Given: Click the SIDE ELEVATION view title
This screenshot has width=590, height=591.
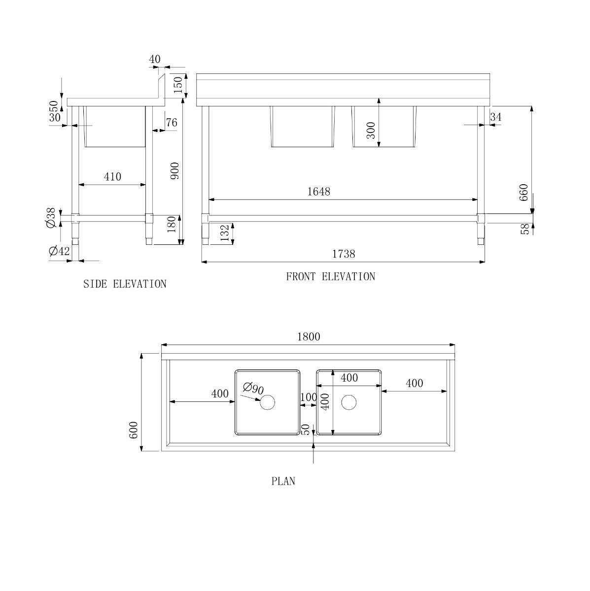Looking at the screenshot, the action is [125, 284].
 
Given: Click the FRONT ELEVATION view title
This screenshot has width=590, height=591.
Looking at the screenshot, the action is [331, 277].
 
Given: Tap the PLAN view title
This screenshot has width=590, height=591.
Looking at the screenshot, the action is [283, 481].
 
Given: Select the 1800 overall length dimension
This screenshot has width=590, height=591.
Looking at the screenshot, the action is [309, 337].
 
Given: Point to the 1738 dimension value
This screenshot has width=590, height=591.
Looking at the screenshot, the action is [344, 254].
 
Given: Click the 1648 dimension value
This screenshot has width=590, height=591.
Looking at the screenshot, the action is [318, 192].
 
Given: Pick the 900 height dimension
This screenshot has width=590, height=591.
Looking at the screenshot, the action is [174, 171].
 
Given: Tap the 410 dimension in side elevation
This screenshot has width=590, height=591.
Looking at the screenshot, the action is [112, 177].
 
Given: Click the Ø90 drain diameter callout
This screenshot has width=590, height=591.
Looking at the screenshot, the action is [253, 388].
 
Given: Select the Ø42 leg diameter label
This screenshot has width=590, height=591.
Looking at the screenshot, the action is [59, 251].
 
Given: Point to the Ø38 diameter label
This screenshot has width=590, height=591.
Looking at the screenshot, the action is [51, 218].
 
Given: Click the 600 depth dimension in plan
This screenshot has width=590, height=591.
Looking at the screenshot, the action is [134, 430].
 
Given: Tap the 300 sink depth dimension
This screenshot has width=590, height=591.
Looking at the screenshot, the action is [371, 131].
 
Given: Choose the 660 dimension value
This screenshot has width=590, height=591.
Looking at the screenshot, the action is [523, 192].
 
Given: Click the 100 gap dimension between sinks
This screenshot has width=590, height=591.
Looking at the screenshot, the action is [309, 397].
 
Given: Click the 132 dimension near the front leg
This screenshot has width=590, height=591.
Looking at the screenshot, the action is [225, 233].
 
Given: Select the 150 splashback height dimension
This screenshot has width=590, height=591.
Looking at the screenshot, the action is [178, 85].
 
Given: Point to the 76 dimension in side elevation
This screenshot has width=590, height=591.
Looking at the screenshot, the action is [172, 122].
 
